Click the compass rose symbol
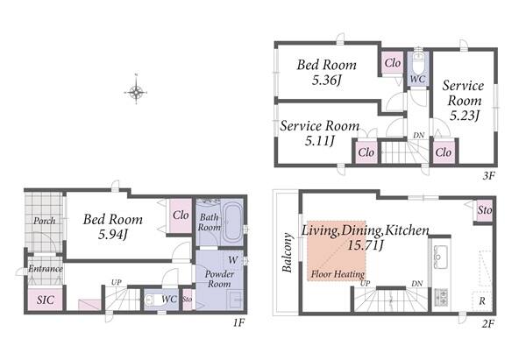click(136, 90)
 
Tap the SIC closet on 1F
click(45, 299)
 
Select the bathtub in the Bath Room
click(233, 222)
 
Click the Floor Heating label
click(338, 274)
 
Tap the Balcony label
click(288, 252)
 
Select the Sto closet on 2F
click(485, 210)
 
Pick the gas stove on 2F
click(442, 297)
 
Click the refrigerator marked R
click(481, 300)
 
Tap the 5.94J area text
click(113, 234)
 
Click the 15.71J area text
click(366, 245)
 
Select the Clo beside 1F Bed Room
click(181, 215)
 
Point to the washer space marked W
click(233, 260)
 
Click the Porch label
click(45, 221)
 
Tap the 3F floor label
click(489, 175)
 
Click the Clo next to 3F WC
click(393, 63)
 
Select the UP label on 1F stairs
click(116, 282)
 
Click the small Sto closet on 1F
click(188, 299)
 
